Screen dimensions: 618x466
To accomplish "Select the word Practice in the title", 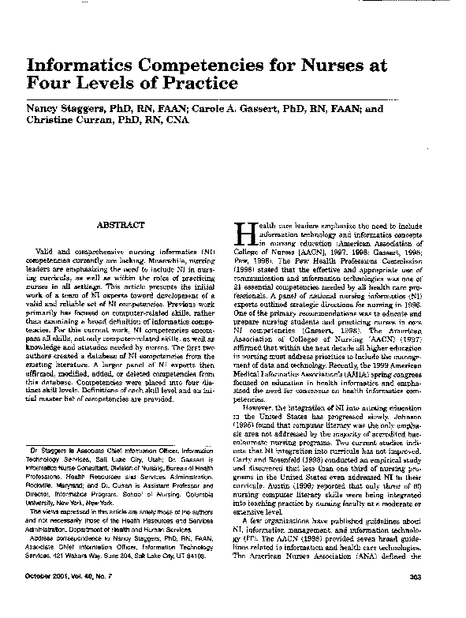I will pos(197,82).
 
